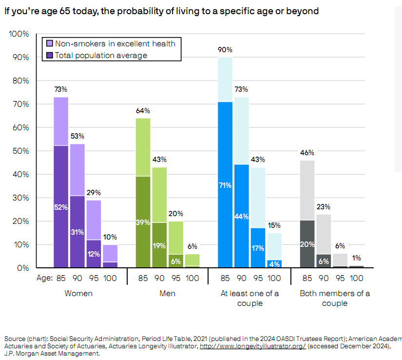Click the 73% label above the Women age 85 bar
pyautogui.click(x=61, y=89)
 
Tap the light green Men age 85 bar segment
pyautogui.click(x=143, y=147)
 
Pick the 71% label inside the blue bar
pyautogui.click(x=225, y=185)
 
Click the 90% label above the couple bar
pyautogui.click(x=225, y=50)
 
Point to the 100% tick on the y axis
pyautogui.click(x=19, y=34)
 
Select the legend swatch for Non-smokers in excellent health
pyautogui.click(x=48, y=44)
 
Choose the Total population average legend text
pyautogui.click(x=101, y=55)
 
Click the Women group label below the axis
pyautogui.click(x=78, y=294)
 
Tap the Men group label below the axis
pyautogui.click(x=168, y=294)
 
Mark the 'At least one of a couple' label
pyautogui.click(x=250, y=298)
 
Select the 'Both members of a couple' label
pyautogui.click(x=335, y=298)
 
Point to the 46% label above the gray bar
pyautogui.click(x=307, y=153)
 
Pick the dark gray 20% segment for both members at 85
pyautogui.click(x=307, y=244)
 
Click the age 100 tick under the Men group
pyautogui.click(x=192, y=278)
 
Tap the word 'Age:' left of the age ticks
pyautogui.click(x=45, y=278)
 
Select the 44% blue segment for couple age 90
pyautogui.click(x=242, y=216)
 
